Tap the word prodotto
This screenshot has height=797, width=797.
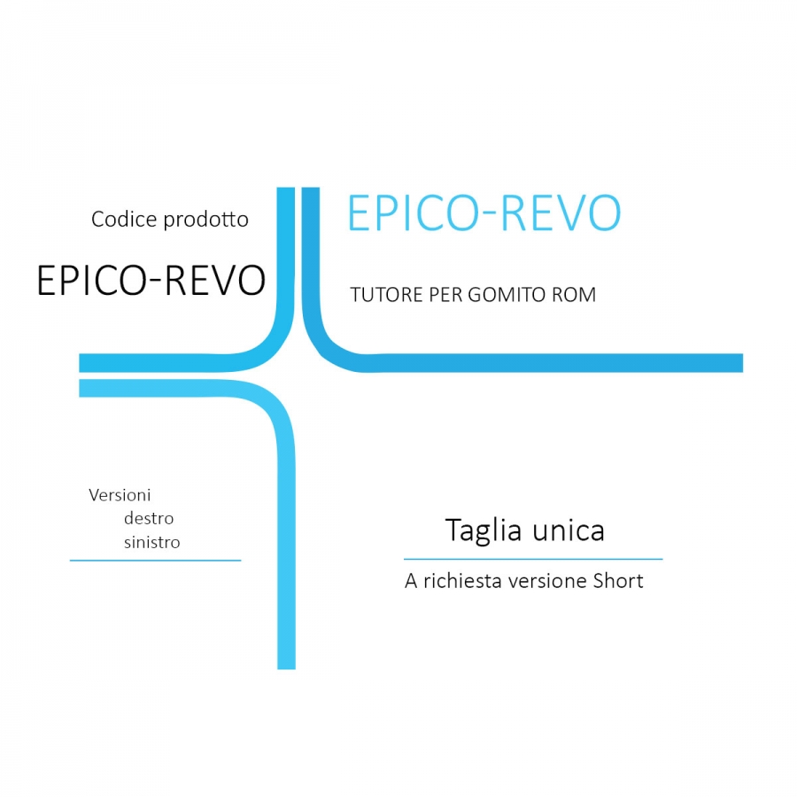(x=206, y=221)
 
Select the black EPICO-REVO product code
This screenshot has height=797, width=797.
(x=151, y=280)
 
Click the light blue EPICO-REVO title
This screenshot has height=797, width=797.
(x=484, y=213)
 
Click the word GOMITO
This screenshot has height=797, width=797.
(x=515, y=295)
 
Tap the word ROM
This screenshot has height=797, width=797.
(x=576, y=295)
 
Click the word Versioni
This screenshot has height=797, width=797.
(x=120, y=495)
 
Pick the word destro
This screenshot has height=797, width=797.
(x=149, y=518)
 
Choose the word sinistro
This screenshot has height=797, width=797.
(x=151, y=542)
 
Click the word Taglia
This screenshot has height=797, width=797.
(x=483, y=530)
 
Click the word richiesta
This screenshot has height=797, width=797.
(x=465, y=582)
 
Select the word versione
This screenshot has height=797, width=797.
(x=551, y=582)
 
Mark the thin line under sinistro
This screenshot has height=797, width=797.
(x=155, y=560)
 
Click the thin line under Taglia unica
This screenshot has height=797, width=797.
(x=532, y=559)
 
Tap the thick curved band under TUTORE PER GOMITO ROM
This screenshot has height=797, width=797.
(x=531, y=362)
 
